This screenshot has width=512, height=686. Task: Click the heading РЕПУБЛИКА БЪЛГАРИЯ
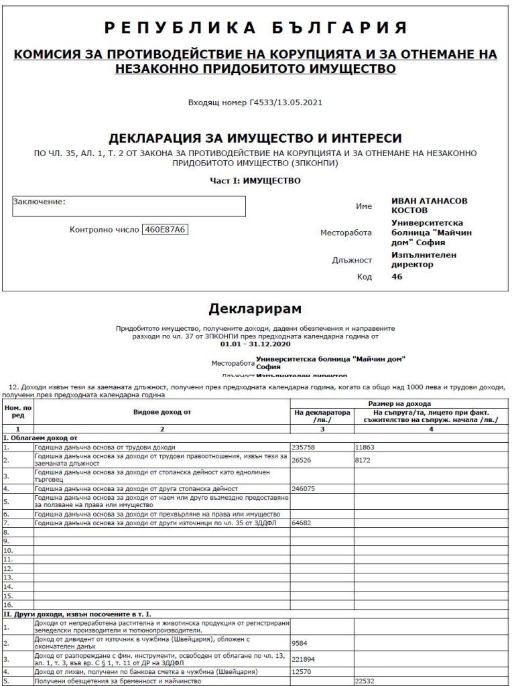(255, 27)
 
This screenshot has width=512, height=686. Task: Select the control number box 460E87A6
(165, 230)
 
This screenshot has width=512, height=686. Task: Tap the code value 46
(397, 276)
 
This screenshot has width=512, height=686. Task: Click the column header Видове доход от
(161, 412)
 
